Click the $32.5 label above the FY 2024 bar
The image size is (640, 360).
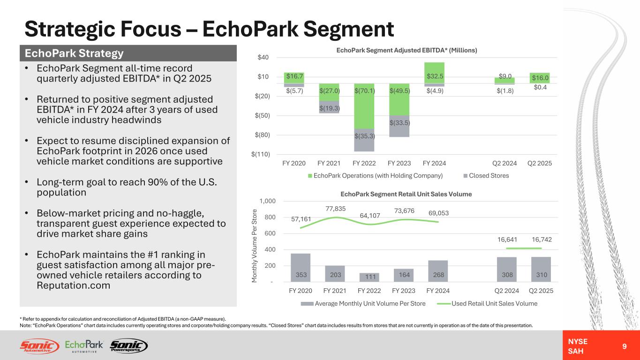(x=436, y=75)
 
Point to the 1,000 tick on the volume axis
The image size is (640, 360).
(x=266, y=201)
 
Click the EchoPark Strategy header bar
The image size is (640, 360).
(x=128, y=53)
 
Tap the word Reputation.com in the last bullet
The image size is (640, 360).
(x=74, y=285)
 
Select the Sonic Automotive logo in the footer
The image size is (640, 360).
(x=39, y=346)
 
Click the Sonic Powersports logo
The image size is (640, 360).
(x=128, y=346)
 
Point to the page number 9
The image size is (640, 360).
(x=624, y=346)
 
